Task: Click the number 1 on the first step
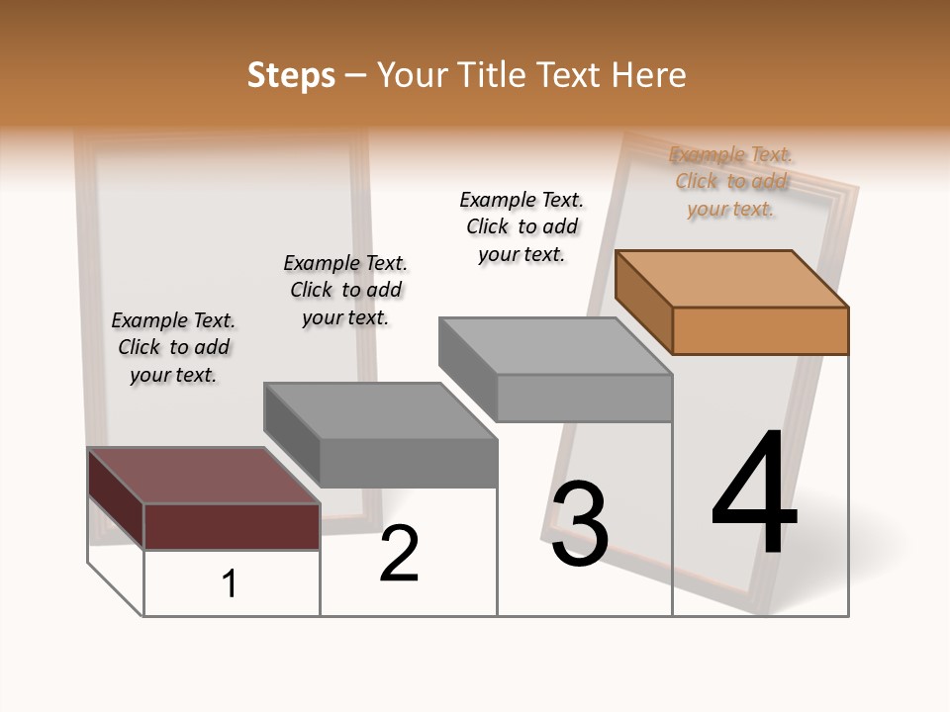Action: tap(230, 584)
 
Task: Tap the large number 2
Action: tap(399, 554)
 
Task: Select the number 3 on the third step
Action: tap(580, 524)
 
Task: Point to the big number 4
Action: tap(754, 493)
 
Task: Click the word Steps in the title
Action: tap(291, 75)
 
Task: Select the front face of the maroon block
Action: tap(232, 526)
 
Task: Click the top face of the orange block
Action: tap(731, 278)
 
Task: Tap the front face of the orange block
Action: tap(760, 330)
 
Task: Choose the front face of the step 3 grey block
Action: tap(584, 399)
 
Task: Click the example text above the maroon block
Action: tap(173, 347)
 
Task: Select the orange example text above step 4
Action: tap(731, 181)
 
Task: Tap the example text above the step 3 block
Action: tap(522, 226)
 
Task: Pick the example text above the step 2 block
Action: tap(345, 290)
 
